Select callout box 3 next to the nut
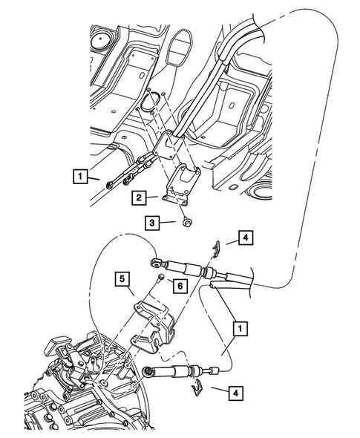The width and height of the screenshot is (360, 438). click(151, 221)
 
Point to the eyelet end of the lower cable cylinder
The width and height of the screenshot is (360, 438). click(148, 370)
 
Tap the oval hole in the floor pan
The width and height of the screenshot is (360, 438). click(153, 101)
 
